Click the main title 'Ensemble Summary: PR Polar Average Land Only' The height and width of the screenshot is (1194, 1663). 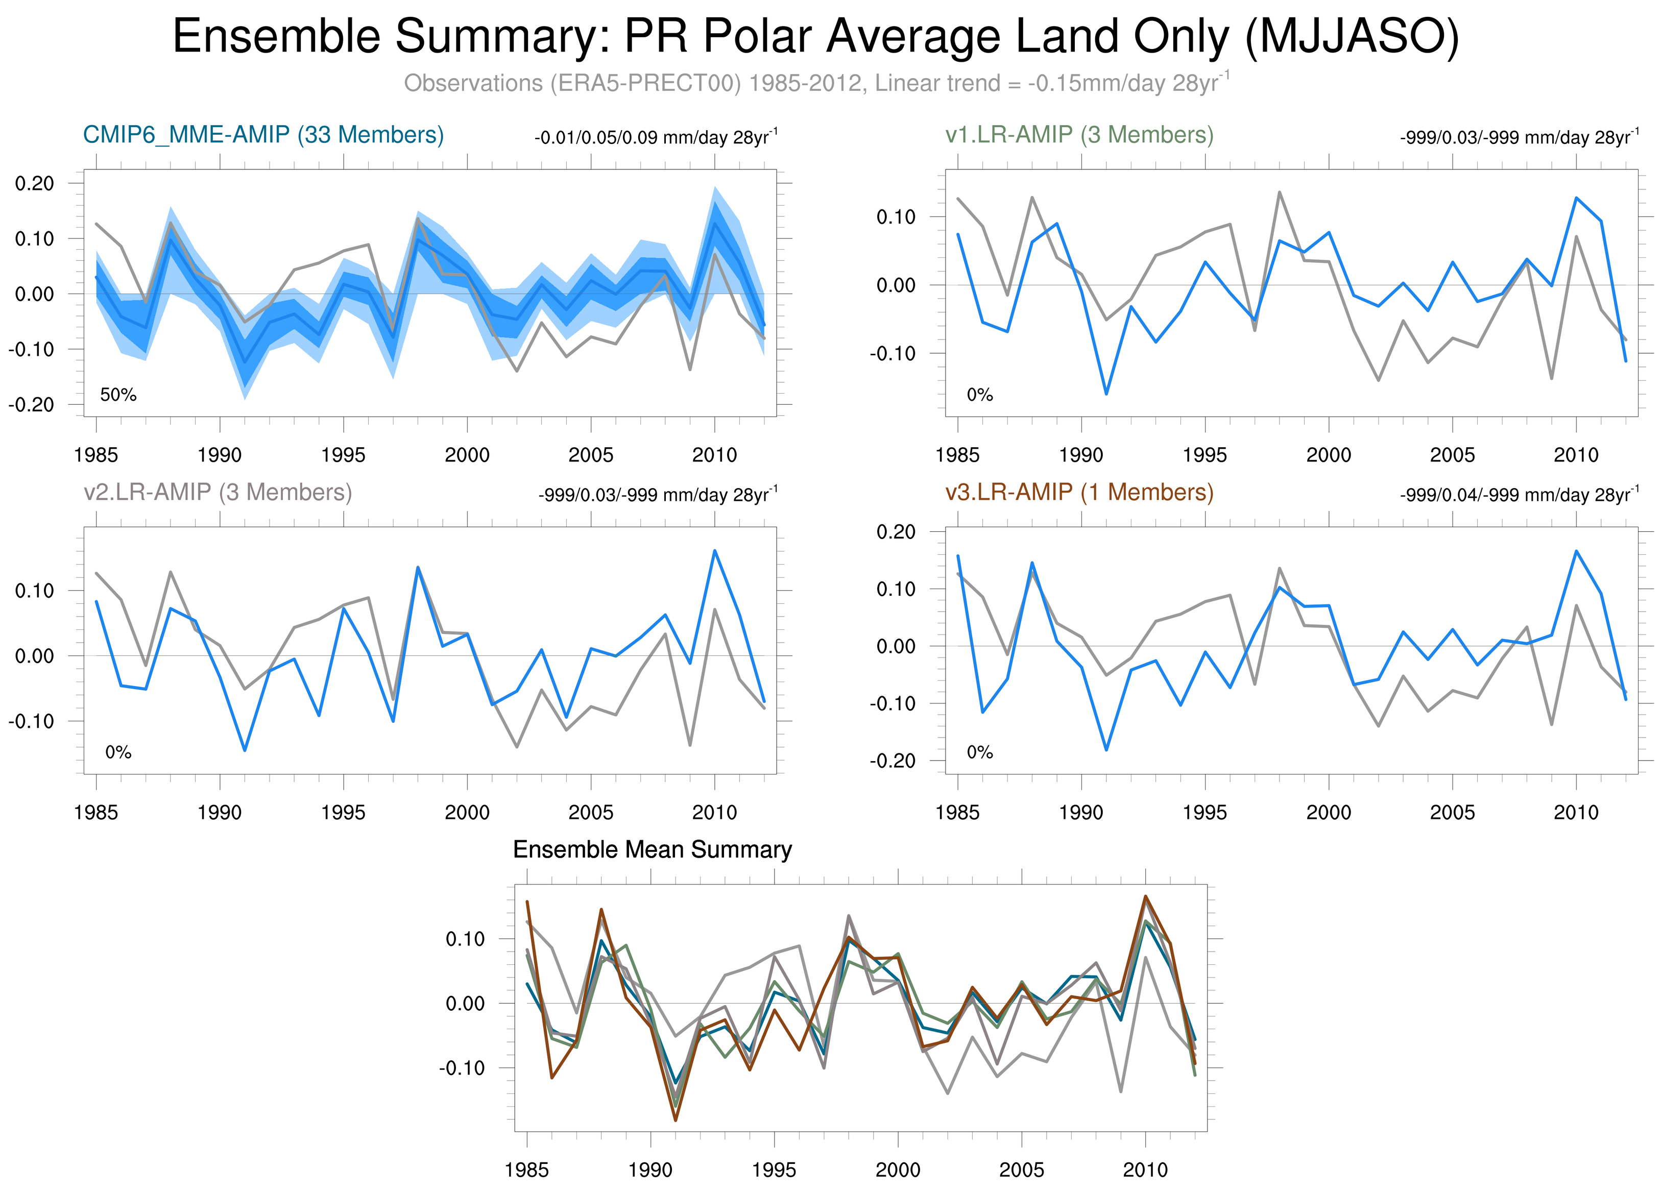tap(815, 37)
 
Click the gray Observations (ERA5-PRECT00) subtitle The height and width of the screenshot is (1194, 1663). tap(815, 83)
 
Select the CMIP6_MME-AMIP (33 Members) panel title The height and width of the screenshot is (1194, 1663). tap(263, 135)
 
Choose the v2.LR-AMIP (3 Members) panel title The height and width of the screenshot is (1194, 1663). tap(218, 492)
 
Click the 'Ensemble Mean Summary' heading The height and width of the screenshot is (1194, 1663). tap(652, 849)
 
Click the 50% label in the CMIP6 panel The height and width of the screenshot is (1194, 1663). tap(118, 395)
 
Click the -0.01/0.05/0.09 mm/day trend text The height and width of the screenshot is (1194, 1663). tap(655, 138)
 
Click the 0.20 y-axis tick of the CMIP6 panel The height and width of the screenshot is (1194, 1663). tap(34, 183)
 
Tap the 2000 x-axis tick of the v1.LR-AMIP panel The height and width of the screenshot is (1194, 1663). tap(1328, 455)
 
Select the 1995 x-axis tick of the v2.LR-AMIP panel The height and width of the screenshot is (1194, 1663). tap(343, 812)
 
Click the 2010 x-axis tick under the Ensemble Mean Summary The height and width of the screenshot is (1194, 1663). tap(1145, 1170)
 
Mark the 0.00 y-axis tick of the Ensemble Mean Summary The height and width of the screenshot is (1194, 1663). tap(464, 1004)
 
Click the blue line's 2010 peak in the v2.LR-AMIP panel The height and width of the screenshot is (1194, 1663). tap(715, 550)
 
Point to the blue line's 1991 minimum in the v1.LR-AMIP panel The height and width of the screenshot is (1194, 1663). tap(1106, 394)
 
